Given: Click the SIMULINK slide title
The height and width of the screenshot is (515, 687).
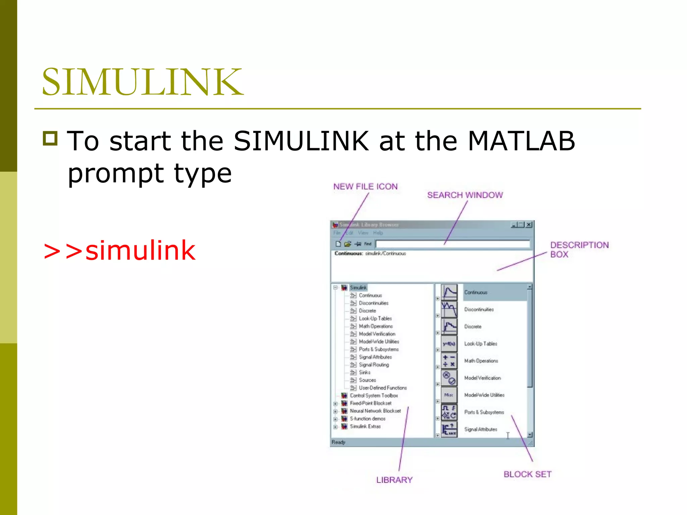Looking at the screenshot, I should pyautogui.click(x=143, y=82).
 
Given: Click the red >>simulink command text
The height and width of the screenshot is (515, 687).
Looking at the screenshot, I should pyautogui.click(x=119, y=251).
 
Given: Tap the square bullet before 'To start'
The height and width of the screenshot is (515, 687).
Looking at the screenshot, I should pyautogui.click(x=50, y=138).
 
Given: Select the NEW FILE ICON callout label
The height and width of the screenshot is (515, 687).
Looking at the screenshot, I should pyautogui.click(x=365, y=187).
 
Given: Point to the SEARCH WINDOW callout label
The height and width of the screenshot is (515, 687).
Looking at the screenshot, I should pyautogui.click(x=465, y=195).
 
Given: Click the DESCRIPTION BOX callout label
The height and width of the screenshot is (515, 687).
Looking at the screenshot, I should pyautogui.click(x=579, y=249).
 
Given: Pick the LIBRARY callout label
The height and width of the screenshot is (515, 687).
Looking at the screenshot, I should pyautogui.click(x=394, y=480).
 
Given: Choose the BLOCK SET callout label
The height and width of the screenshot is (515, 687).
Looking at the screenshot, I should pyautogui.click(x=527, y=474).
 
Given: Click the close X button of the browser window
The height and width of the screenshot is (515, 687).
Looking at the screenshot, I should pyautogui.click(x=529, y=225).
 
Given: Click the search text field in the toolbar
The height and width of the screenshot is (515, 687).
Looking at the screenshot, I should pyautogui.click(x=453, y=244).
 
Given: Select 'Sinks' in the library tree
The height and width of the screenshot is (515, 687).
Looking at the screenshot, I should pyautogui.click(x=365, y=373).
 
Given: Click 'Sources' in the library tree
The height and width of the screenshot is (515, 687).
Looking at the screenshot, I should pyautogui.click(x=367, y=380).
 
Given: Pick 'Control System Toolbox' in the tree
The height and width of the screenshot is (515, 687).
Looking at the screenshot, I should pyautogui.click(x=374, y=396).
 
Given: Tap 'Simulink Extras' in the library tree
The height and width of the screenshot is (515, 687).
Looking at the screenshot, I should pyautogui.click(x=365, y=426).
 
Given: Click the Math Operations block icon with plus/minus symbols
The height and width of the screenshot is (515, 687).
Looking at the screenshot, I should pyautogui.click(x=449, y=361).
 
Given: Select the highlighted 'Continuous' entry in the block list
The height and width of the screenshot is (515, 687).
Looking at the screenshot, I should pyautogui.click(x=476, y=292).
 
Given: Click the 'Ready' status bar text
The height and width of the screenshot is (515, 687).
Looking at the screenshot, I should pyautogui.click(x=338, y=442).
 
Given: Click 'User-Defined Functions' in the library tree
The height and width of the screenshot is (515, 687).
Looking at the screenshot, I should pyautogui.click(x=383, y=388).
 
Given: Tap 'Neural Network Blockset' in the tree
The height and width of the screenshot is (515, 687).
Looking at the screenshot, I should pyautogui.click(x=375, y=411).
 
